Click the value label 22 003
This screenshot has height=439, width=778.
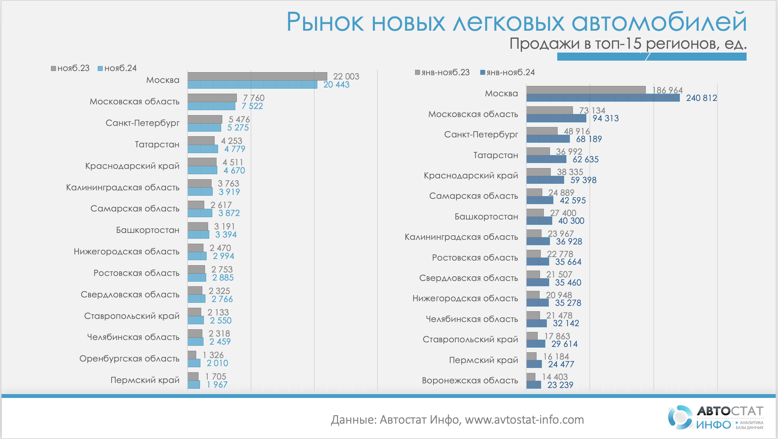[346, 76]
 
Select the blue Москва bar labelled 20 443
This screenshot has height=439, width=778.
[252, 85]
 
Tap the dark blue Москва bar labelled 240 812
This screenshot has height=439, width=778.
[602, 98]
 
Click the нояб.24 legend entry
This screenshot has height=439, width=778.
[118, 68]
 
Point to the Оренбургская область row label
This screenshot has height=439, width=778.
[129, 358]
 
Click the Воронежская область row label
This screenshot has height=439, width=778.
[470, 380]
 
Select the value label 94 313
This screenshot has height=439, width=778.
[606, 119]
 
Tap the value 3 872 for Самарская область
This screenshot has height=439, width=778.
[229, 213]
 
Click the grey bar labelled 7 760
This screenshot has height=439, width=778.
[212, 98]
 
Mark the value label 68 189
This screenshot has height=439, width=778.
[589, 139]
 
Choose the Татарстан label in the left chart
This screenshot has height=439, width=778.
[157, 144]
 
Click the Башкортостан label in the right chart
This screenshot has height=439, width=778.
[486, 216]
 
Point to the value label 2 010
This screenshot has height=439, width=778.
[217, 363]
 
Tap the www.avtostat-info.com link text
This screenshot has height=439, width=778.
[524, 420]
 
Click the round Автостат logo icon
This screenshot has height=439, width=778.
[681, 417]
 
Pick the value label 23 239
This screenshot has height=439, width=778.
[560, 385]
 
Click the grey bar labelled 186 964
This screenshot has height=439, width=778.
[586, 90]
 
